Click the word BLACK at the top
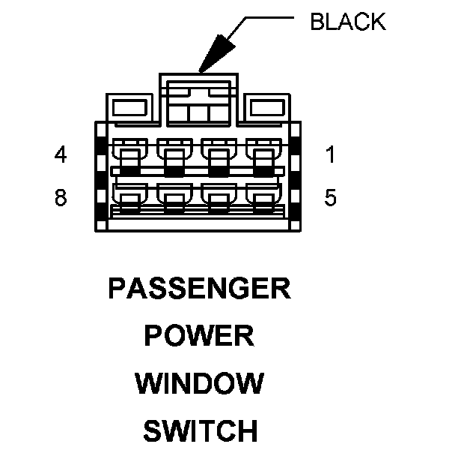[x=348, y=22]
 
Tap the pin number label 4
[x=61, y=154]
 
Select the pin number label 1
[x=330, y=154]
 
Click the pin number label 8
[x=61, y=198]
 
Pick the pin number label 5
[x=330, y=198]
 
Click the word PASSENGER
[x=199, y=289]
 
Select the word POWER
[x=199, y=336]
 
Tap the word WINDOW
[x=199, y=384]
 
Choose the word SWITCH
[x=199, y=431]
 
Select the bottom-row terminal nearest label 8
[x=128, y=199]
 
